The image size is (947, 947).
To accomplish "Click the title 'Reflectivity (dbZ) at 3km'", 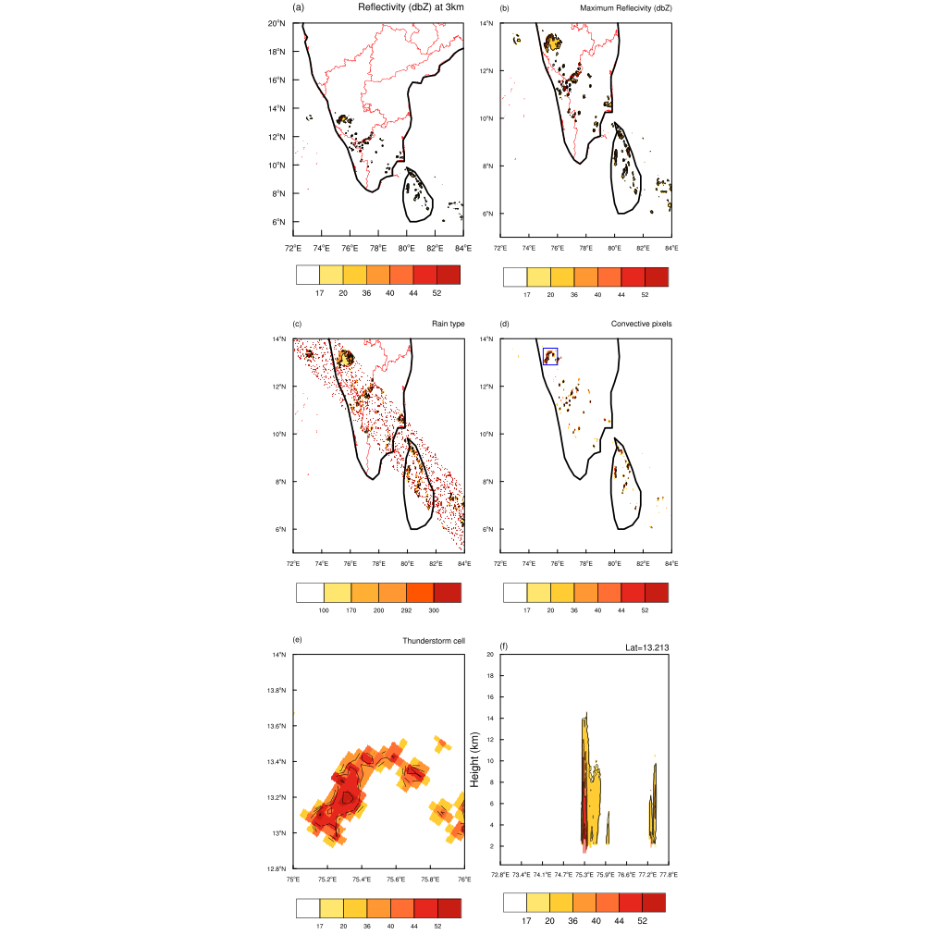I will pos(411,8).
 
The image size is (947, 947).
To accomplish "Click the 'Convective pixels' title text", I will pos(642,324).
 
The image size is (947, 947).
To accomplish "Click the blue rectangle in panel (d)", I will pos(550,356).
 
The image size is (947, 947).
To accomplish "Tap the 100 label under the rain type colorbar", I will pos(324,611).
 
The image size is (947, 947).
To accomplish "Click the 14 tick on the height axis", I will pos(491,718).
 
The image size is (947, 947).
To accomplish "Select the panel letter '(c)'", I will pos(297,324).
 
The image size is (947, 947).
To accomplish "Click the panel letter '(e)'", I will pos(297,640).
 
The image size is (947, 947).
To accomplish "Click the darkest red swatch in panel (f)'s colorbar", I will pos(654,902).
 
